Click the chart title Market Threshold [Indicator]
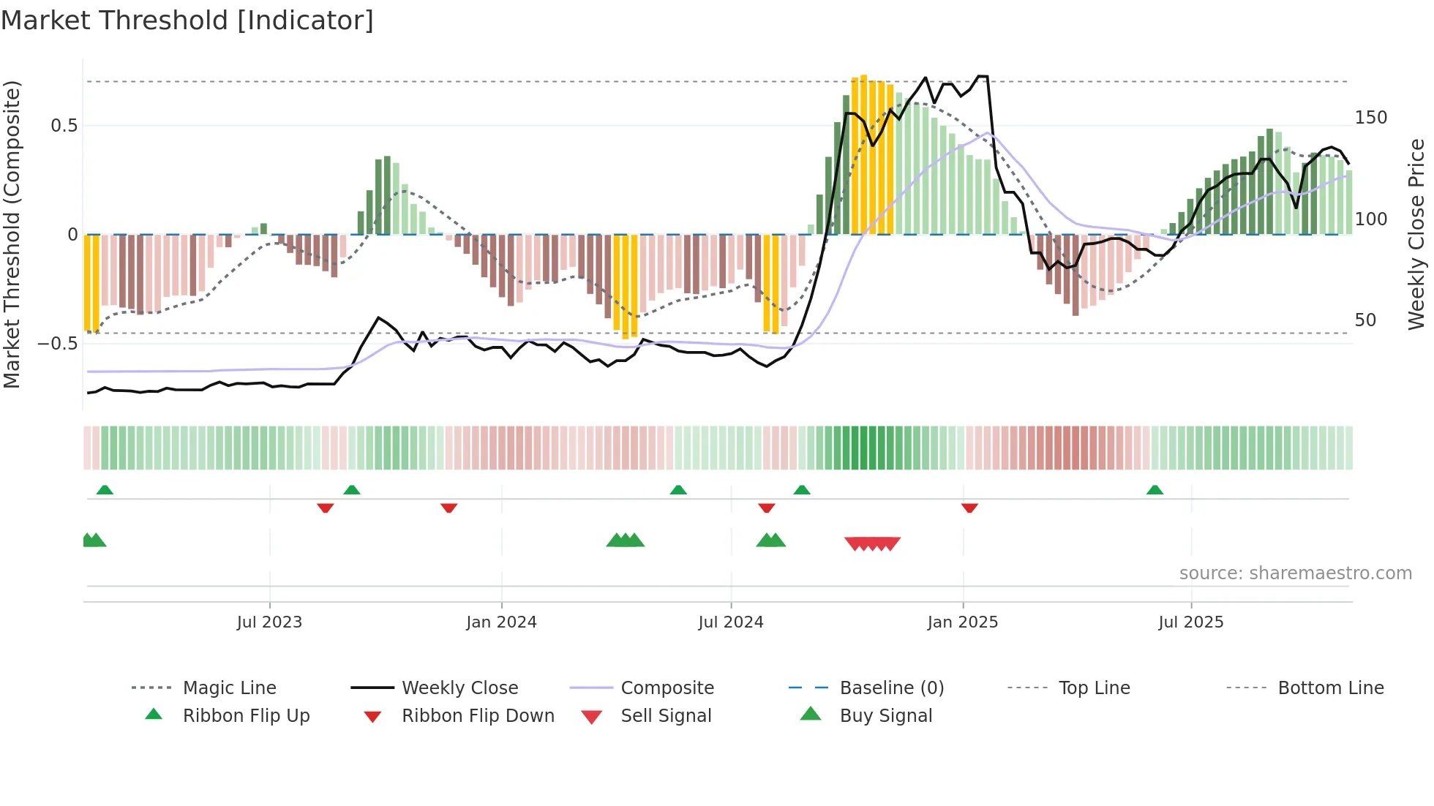tap(187, 20)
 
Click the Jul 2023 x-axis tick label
tap(269, 622)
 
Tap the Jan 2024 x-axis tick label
tap(501, 622)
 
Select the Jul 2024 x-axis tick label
tap(730, 622)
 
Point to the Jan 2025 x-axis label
tap(962, 622)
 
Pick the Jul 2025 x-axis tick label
tap(1190, 622)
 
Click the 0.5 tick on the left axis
tap(64, 126)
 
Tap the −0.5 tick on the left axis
tap(57, 344)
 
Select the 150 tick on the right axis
tap(1370, 118)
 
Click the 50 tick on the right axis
tap(1365, 320)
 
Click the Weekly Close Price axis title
tap(1416, 234)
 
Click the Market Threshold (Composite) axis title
tap(12, 234)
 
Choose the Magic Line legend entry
tap(229, 688)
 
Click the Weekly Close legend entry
tap(459, 688)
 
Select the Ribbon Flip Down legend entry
tap(478, 716)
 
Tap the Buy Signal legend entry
tap(885, 716)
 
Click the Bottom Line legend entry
tap(1330, 688)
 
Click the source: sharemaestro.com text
tap(1295, 573)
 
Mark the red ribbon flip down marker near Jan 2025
tap(969, 508)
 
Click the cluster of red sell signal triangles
tap(872, 543)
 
